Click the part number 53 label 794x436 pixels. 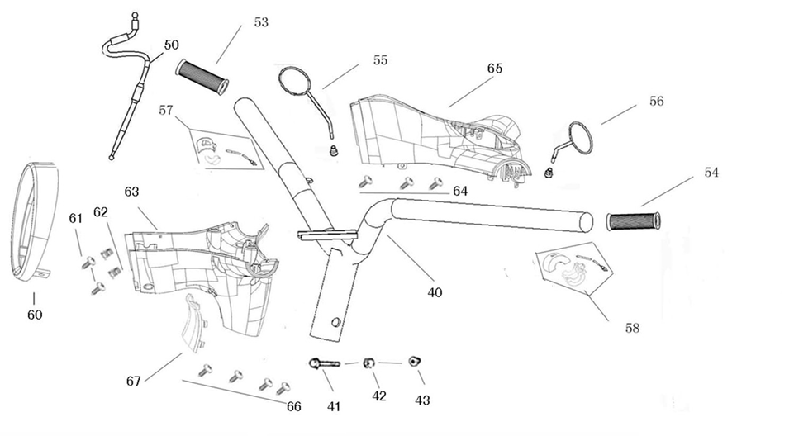(x=261, y=22)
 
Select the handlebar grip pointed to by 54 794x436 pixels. (x=634, y=220)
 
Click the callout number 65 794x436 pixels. (x=495, y=68)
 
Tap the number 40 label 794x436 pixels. (x=435, y=292)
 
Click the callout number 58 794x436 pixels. (x=632, y=328)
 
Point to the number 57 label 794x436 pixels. (x=166, y=109)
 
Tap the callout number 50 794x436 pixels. (x=171, y=45)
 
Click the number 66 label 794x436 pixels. (x=293, y=406)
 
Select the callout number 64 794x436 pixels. (x=460, y=192)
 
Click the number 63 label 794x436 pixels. (x=131, y=192)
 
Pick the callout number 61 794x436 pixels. (x=75, y=218)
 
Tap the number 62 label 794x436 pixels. (x=101, y=212)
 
